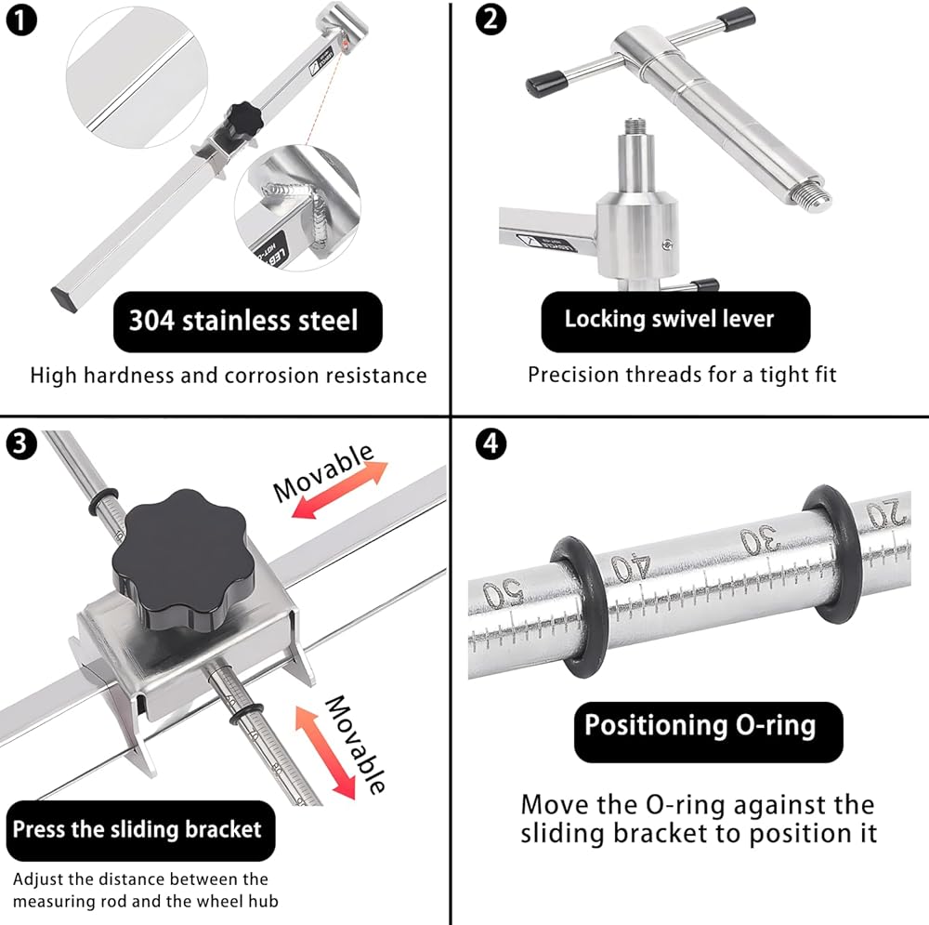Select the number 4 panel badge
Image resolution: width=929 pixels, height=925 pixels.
491,444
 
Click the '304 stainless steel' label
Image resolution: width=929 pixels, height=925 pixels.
242,322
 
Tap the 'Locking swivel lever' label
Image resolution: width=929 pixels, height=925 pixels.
669,320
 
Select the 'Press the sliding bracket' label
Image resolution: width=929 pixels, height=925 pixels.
137,829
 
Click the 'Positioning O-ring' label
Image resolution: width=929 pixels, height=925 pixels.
700,725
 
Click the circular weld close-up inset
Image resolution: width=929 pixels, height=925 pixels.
296,208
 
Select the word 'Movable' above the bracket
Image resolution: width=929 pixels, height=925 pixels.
322,471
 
